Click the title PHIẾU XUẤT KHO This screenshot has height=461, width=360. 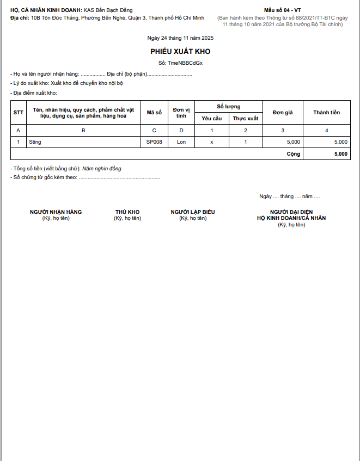(180, 51)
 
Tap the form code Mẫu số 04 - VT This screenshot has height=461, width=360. (282, 10)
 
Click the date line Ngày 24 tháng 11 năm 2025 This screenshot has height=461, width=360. (180, 38)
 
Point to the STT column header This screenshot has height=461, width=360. (19, 113)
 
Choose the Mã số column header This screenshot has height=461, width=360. (154, 113)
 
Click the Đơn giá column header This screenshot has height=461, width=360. (283, 113)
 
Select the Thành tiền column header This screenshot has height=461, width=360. (326, 113)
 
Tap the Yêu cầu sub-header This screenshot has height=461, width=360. (212, 118)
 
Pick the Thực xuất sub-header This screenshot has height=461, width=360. (246, 118)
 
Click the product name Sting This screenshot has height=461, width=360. (35, 142)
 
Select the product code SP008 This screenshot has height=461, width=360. (154, 142)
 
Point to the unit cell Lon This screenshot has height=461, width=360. (181, 142)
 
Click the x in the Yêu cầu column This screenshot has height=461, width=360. (212, 142)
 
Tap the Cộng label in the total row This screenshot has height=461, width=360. (294, 154)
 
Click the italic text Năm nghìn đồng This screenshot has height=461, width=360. (102, 169)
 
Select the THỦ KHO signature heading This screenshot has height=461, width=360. (127, 212)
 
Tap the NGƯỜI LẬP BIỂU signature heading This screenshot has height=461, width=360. (193, 212)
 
